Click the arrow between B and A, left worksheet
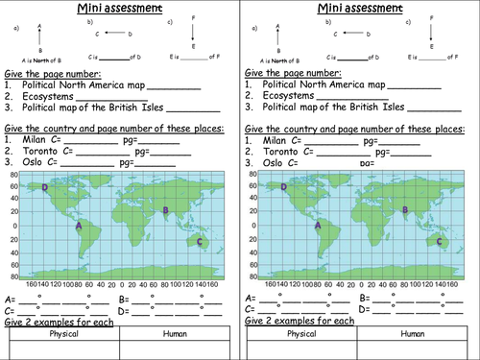tap(39, 37)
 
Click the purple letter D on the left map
tap(45, 187)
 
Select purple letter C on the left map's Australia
tap(199, 242)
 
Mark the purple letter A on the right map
tap(318, 227)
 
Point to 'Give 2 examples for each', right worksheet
tap(297, 321)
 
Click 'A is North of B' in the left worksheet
tap(28, 60)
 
